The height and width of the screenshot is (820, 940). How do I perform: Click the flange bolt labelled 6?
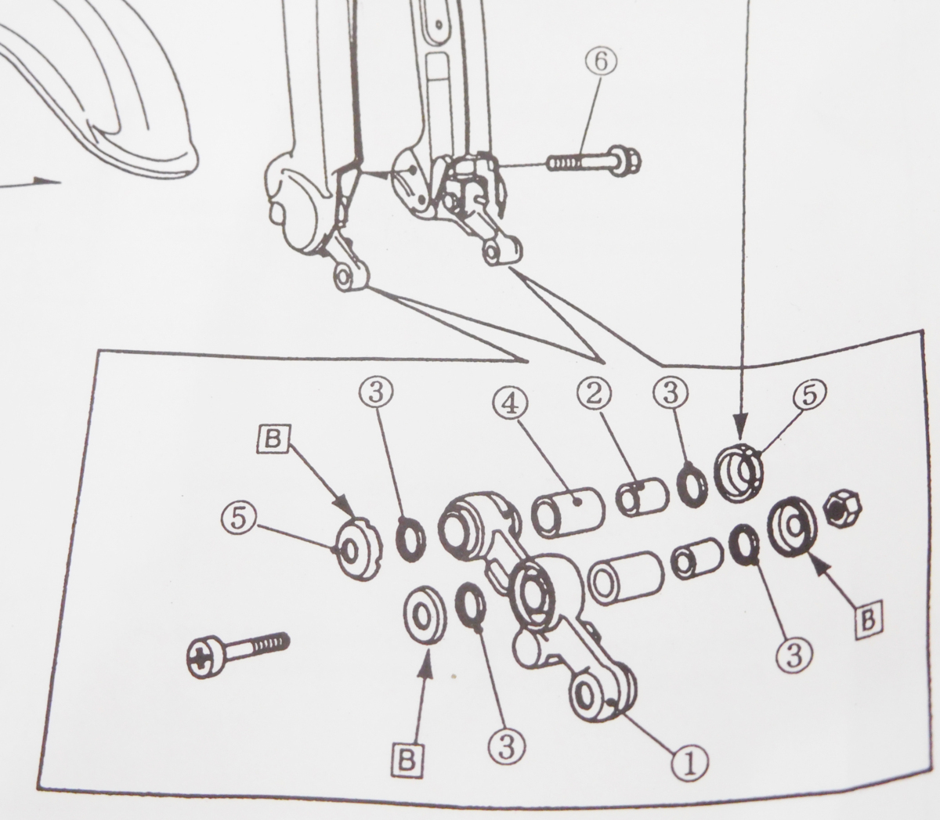[595, 161]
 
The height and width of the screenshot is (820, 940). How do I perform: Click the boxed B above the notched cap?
[272, 440]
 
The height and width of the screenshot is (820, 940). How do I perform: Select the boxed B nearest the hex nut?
[867, 620]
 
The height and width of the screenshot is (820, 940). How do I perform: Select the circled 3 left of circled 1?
[506, 747]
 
